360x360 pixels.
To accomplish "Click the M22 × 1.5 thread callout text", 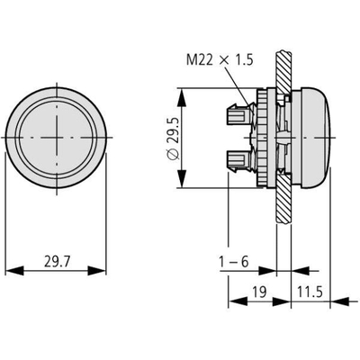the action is (x=220, y=60).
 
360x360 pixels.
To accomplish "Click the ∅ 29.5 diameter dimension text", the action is (x=173, y=139).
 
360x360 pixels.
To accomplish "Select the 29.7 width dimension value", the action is (x=57, y=261).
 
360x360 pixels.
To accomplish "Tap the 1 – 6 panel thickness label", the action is (x=234, y=262).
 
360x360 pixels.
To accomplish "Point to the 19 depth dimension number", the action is (x=259, y=292).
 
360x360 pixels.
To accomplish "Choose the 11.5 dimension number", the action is (x=310, y=292).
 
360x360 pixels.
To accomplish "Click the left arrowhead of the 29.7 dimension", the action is (x=14, y=271).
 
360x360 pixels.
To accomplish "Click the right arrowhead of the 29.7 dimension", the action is (x=97, y=271).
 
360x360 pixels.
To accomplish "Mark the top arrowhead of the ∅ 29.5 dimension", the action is (x=182, y=97).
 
